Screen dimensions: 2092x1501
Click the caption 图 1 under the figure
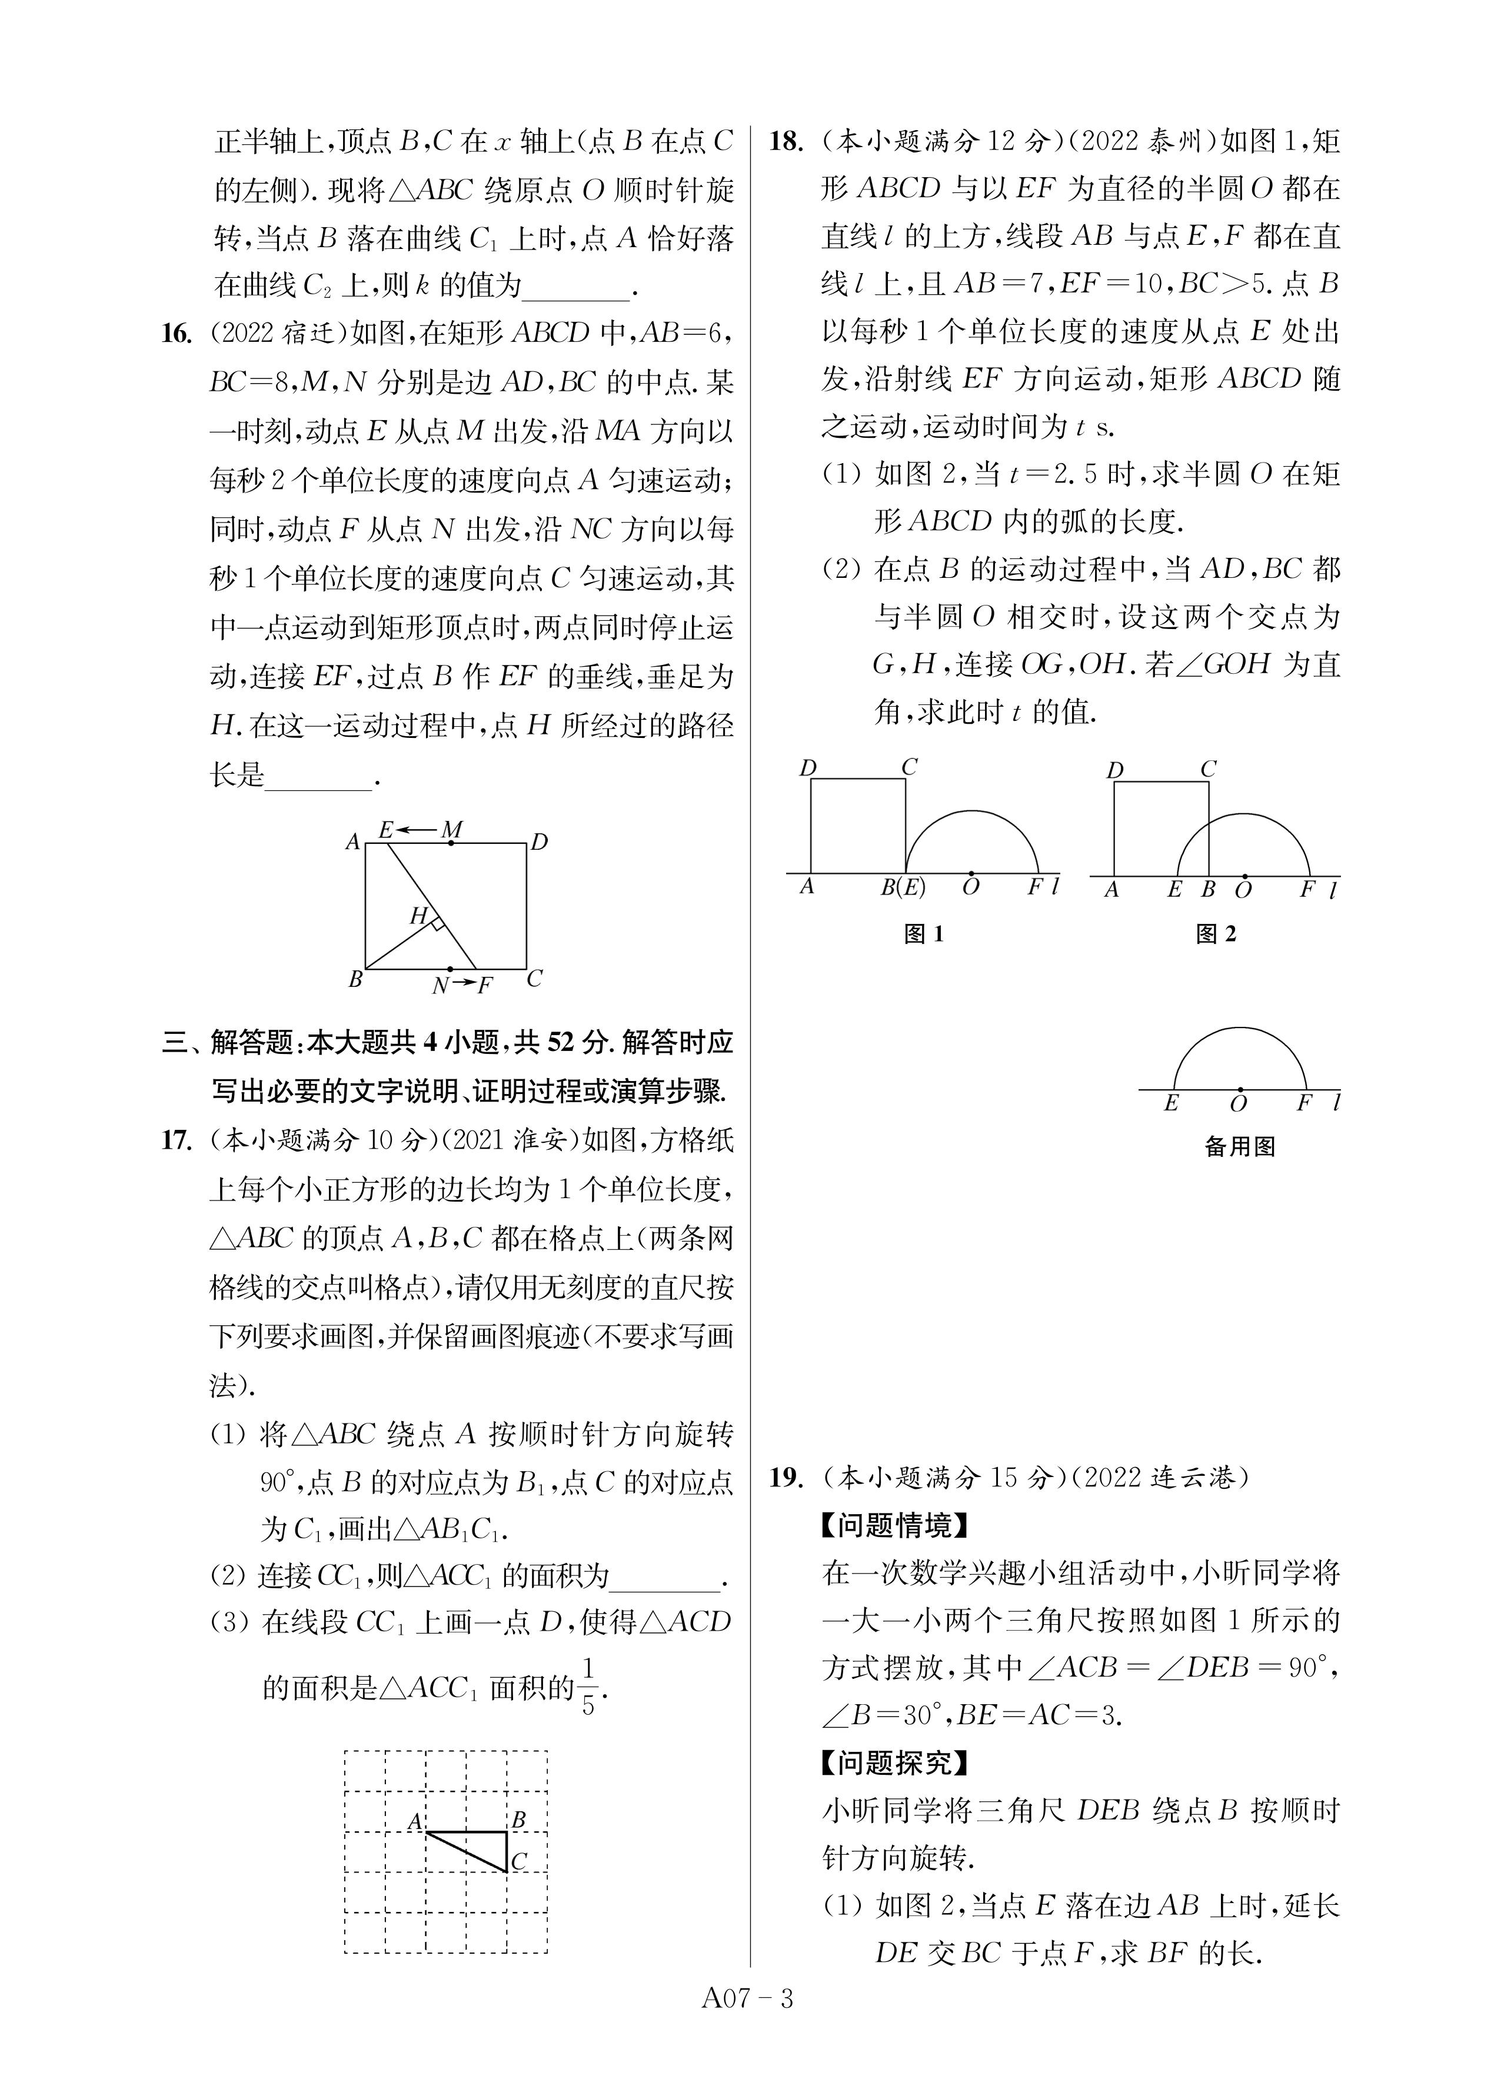[923, 933]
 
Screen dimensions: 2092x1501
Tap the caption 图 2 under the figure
[1215, 933]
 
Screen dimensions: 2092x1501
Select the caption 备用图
[1239, 1146]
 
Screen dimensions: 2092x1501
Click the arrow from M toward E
[419, 831]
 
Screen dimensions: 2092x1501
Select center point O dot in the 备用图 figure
[1240, 1089]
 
